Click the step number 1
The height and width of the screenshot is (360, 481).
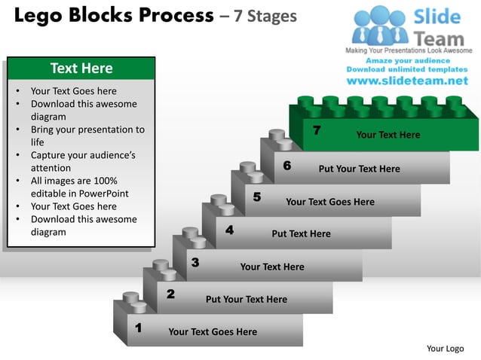click(x=138, y=328)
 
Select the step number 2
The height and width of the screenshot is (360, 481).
click(x=170, y=294)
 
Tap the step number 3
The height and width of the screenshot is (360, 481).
click(x=195, y=262)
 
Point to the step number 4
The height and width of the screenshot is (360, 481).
click(x=228, y=230)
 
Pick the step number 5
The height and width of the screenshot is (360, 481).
click(x=256, y=197)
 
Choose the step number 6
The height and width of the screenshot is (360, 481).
click(x=287, y=165)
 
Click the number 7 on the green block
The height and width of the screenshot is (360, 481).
click(x=317, y=131)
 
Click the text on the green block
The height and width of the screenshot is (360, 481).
click(x=388, y=135)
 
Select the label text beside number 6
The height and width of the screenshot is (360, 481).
click(x=359, y=169)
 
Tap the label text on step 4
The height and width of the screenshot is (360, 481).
click(x=301, y=233)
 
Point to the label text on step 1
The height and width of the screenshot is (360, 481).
click(x=213, y=331)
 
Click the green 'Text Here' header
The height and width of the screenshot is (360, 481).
click(x=81, y=69)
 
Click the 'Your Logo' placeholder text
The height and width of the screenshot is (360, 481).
click(x=445, y=348)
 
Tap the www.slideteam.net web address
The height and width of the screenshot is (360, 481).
click(x=406, y=81)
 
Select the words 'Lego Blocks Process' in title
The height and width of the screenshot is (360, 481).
click(x=114, y=16)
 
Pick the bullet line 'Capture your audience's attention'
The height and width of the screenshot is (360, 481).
click(x=83, y=162)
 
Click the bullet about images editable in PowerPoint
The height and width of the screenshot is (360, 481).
click(x=79, y=188)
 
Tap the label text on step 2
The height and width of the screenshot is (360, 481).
click(x=246, y=299)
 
